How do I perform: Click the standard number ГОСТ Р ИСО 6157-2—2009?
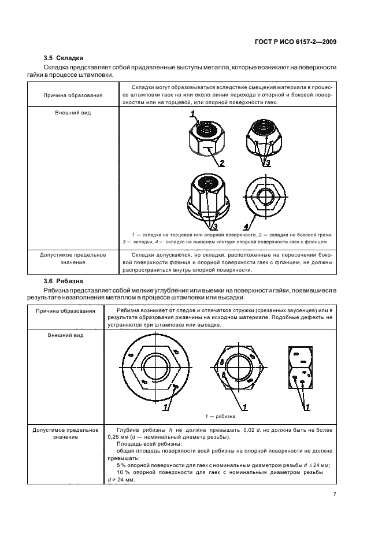pos(294,42)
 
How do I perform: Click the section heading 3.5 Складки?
pos(64,58)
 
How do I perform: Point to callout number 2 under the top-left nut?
pos(221,163)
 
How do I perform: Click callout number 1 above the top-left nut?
pos(193,113)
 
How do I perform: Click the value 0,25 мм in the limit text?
pos(116,438)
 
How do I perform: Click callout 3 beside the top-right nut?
pos(268,163)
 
